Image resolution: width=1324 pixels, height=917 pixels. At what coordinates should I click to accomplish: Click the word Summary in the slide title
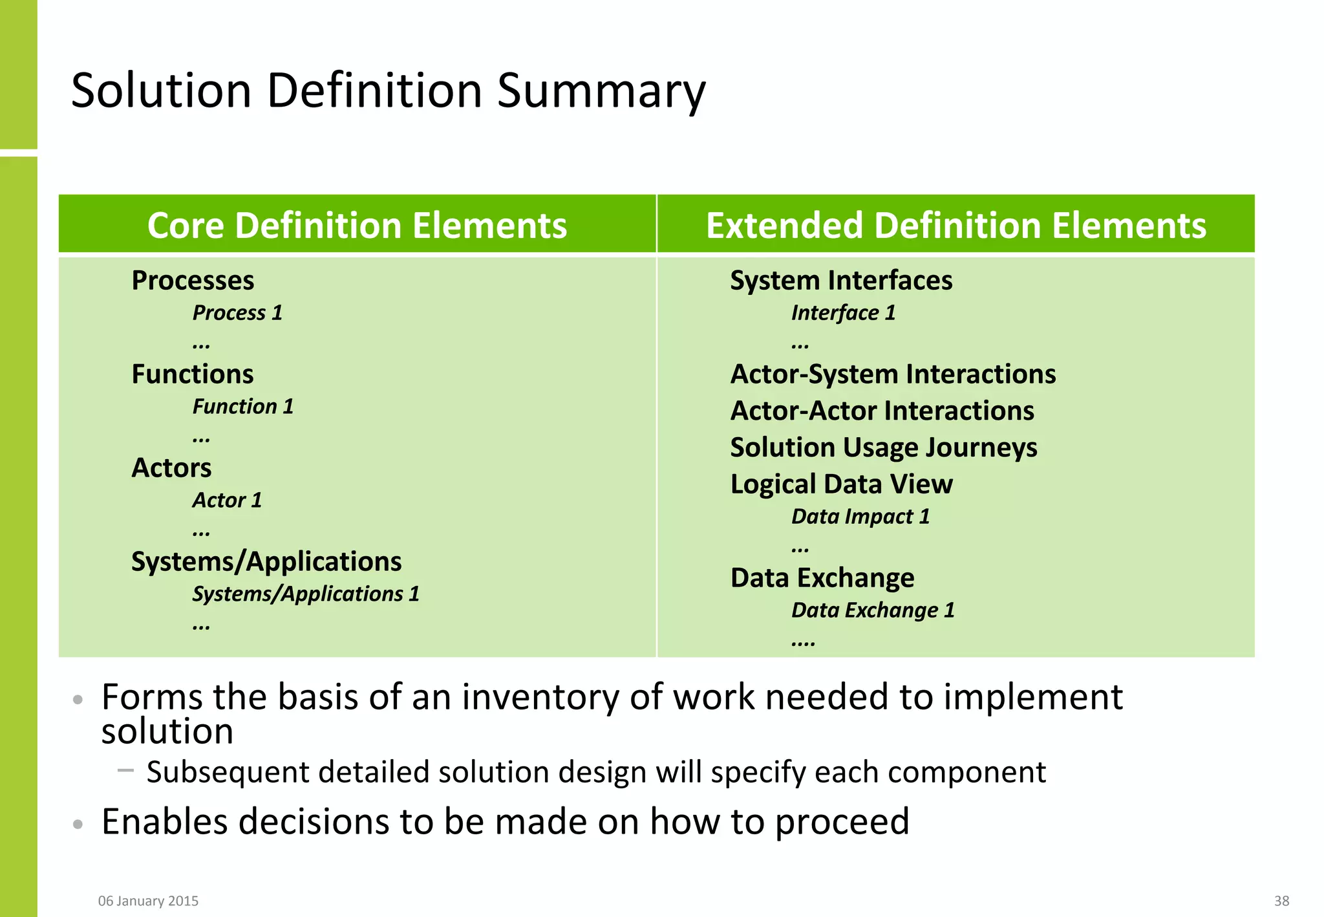click(x=601, y=91)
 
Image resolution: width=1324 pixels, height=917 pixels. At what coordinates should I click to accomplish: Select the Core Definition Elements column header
click(x=357, y=226)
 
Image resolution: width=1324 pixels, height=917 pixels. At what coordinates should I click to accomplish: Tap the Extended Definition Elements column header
click(x=956, y=226)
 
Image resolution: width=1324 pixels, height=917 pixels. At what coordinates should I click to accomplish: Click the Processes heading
click(x=193, y=281)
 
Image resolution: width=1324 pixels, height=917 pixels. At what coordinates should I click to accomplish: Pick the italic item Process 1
click(x=237, y=313)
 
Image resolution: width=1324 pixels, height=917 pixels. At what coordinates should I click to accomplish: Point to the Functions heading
click(x=193, y=374)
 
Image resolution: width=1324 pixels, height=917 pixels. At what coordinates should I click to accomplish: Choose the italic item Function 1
click(x=243, y=407)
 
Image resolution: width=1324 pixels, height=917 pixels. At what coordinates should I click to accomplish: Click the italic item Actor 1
click(x=227, y=501)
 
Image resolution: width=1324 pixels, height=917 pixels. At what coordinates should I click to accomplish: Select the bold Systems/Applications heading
click(x=266, y=561)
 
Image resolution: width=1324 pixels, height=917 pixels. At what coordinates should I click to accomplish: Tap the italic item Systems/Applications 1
click(x=306, y=594)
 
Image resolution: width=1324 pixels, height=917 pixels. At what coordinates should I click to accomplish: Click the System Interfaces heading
click(x=841, y=281)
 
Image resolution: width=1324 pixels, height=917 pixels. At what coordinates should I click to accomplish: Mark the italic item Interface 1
click(x=844, y=313)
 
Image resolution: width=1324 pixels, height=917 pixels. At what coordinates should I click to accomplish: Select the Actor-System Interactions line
click(x=893, y=374)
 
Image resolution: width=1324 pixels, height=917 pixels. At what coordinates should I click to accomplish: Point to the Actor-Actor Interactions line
click(x=882, y=411)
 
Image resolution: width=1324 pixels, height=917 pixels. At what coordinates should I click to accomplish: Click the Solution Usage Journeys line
click(x=884, y=448)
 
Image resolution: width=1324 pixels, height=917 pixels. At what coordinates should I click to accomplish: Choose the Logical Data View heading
click(x=841, y=484)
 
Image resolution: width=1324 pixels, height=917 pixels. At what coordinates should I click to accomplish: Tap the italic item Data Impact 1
click(x=860, y=517)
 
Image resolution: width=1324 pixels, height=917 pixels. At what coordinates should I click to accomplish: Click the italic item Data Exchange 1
click(x=873, y=610)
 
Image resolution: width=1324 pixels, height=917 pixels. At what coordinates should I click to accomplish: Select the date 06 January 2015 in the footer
click(x=148, y=901)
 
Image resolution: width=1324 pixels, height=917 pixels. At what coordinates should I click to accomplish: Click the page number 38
click(x=1281, y=901)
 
